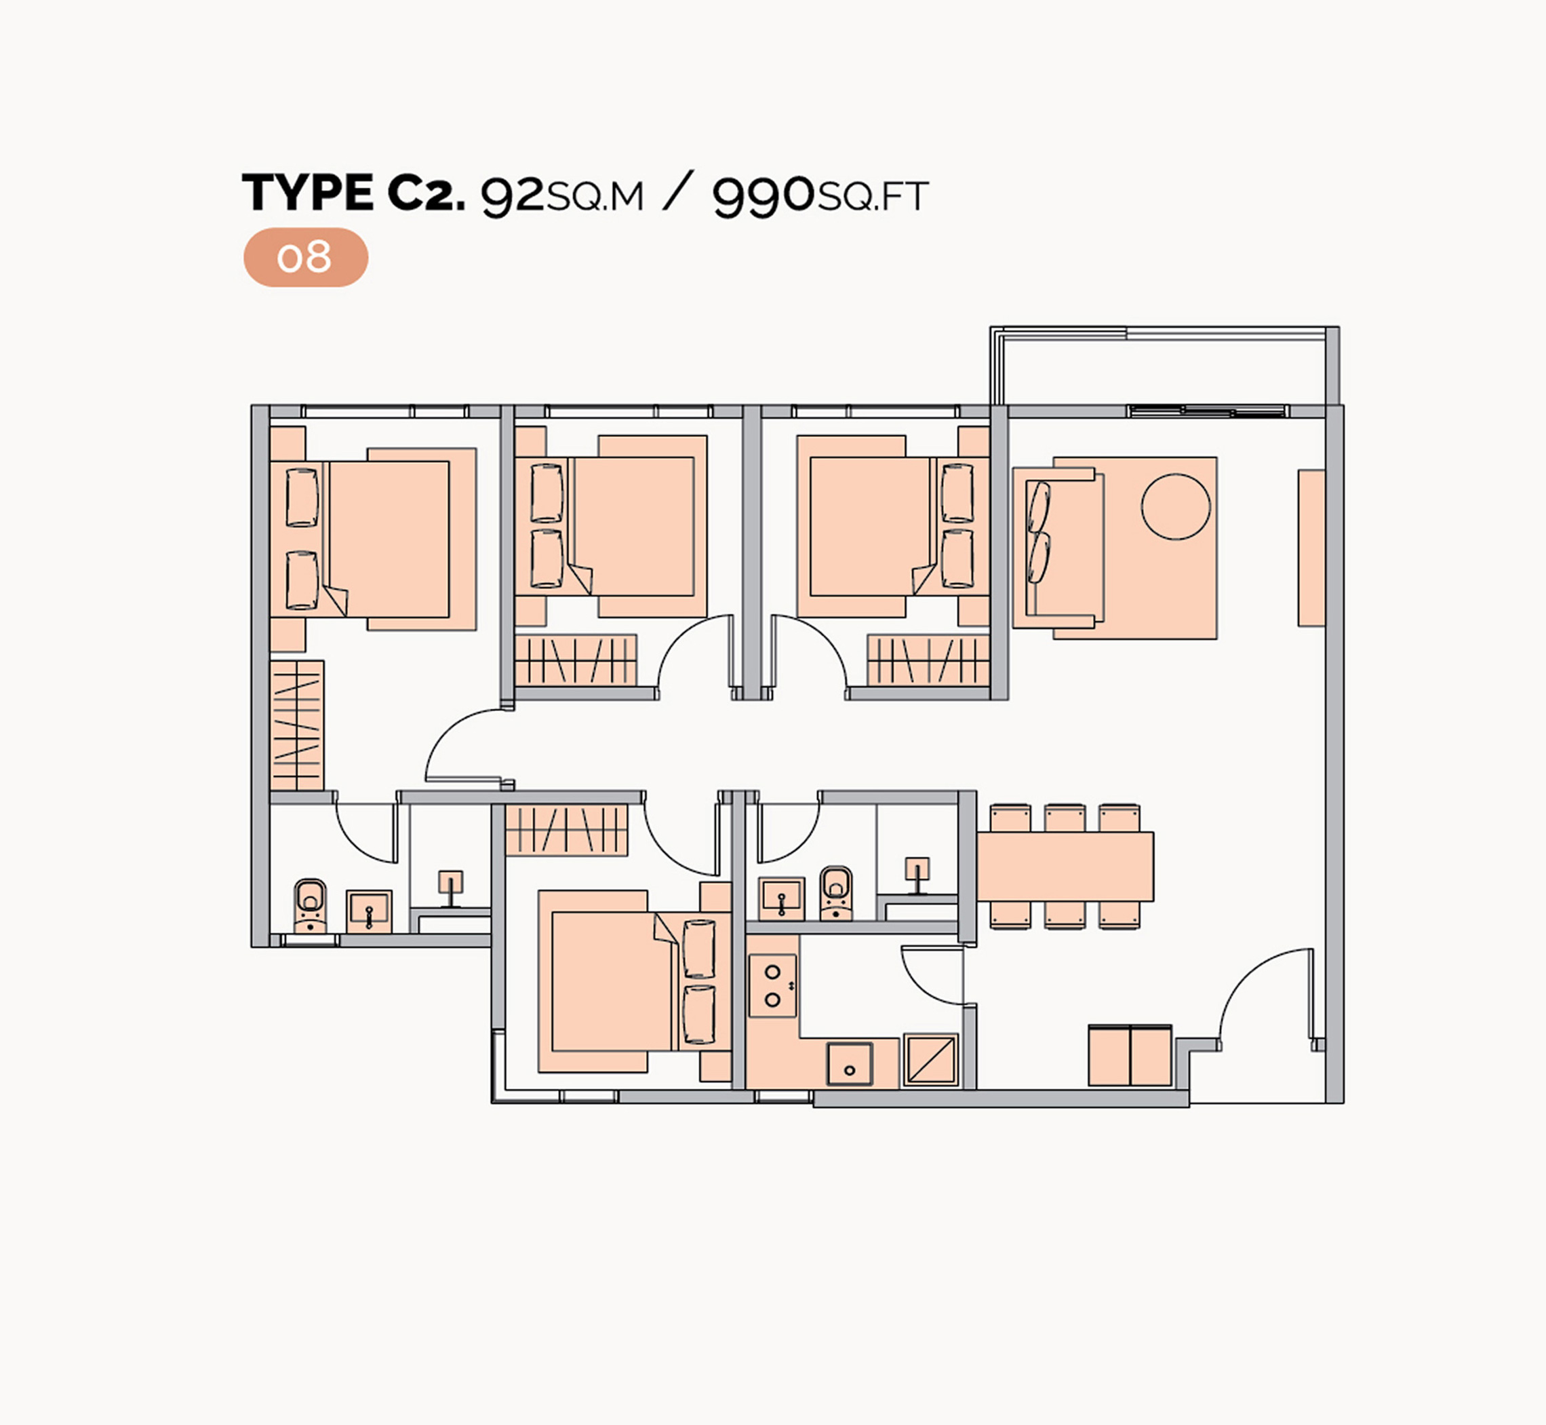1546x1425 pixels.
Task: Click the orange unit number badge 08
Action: pos(305,258)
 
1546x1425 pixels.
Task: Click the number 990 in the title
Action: pos(763,196)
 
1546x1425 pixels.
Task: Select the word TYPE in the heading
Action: pos(309,192)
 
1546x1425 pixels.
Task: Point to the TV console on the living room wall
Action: pos(1311,548)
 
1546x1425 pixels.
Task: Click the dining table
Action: pos(1065,866)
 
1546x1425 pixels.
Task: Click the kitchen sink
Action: pos(850,1064)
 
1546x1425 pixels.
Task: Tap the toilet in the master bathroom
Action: pos(310,905)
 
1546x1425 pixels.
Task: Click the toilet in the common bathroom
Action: pos(836,892)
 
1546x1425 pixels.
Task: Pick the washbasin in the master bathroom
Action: pos(369,911)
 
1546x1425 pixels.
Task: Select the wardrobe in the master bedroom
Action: pos(297,725)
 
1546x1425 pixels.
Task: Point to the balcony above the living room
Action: pos(1164,367)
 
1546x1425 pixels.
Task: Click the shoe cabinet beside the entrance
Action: pos(1130,1055)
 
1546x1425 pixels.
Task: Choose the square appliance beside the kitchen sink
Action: pos(931,1059)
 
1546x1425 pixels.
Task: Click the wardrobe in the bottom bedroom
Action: pos(566,830)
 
